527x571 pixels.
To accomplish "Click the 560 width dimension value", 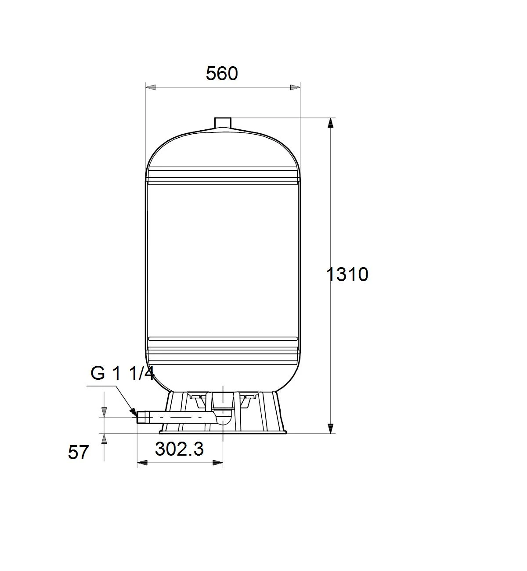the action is tap(222, 73).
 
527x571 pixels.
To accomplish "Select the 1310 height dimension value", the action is tap(347, 275).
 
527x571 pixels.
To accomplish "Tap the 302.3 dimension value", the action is tap(179, 449).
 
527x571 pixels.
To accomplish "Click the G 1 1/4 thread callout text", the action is tap(123, 373).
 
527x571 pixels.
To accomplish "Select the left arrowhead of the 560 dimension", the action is tap(151, 87).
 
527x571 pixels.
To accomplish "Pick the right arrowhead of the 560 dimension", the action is tap(295, 87).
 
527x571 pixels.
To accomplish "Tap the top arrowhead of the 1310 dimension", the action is tap(331, 123).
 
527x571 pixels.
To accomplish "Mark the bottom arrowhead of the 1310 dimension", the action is tap(331, 428).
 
